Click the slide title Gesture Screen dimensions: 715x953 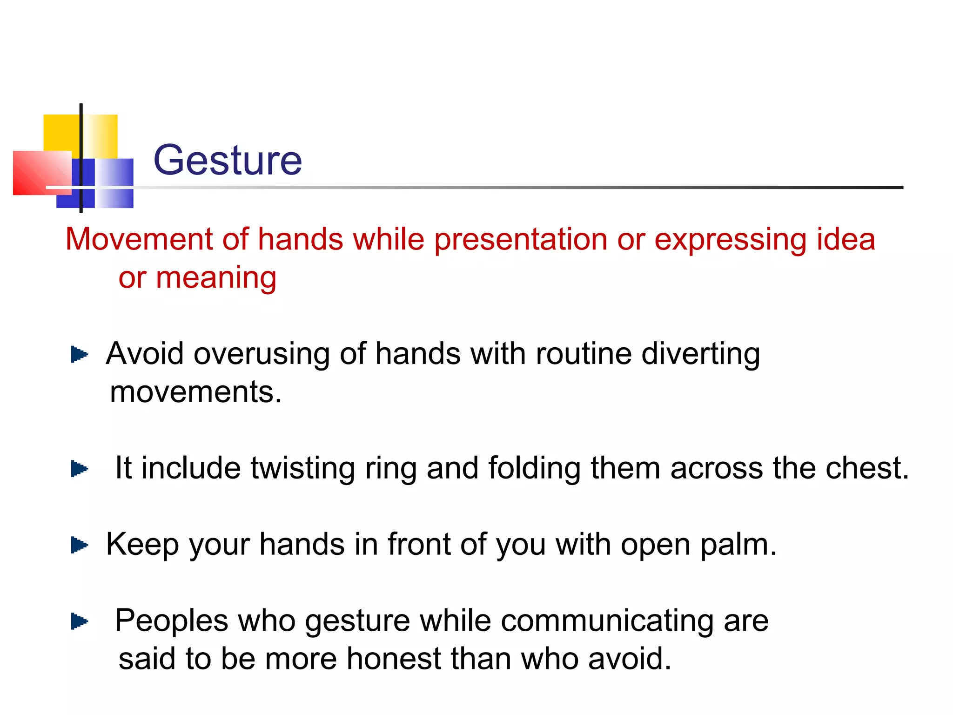coord(228,160)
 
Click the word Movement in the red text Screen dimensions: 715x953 coord(139,239)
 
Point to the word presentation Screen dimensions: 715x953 coord(520,240)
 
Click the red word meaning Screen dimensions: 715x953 coord(216,278)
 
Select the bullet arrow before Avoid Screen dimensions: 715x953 coord(79,355)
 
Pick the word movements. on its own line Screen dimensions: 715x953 coord(196,392)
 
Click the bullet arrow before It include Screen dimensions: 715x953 coord(79,469)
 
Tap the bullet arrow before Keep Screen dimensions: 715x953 coord(79,545)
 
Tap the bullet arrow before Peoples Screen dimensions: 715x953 coord(79,621)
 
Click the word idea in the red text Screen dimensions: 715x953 coord(846,239)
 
